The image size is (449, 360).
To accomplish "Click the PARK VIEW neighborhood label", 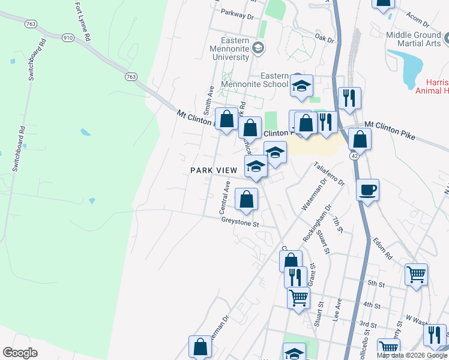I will coord(211,170).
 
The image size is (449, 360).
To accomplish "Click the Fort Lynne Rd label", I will coord(82,21).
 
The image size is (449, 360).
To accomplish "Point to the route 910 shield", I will coord(67,37).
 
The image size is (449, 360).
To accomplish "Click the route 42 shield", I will coord(355,155).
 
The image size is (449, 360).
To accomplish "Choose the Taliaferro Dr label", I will coord(329,173).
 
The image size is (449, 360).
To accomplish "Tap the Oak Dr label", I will coord(324,38).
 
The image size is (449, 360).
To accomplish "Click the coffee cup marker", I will coord(367,190).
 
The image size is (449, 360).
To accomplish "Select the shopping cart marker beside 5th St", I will coord(416,275).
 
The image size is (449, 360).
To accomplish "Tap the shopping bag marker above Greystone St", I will coord(246,200).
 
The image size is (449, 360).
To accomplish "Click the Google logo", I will coord(20,353).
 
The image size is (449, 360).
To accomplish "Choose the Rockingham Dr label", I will coord(318,224).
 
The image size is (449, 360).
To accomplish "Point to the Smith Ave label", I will coord(208,100).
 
